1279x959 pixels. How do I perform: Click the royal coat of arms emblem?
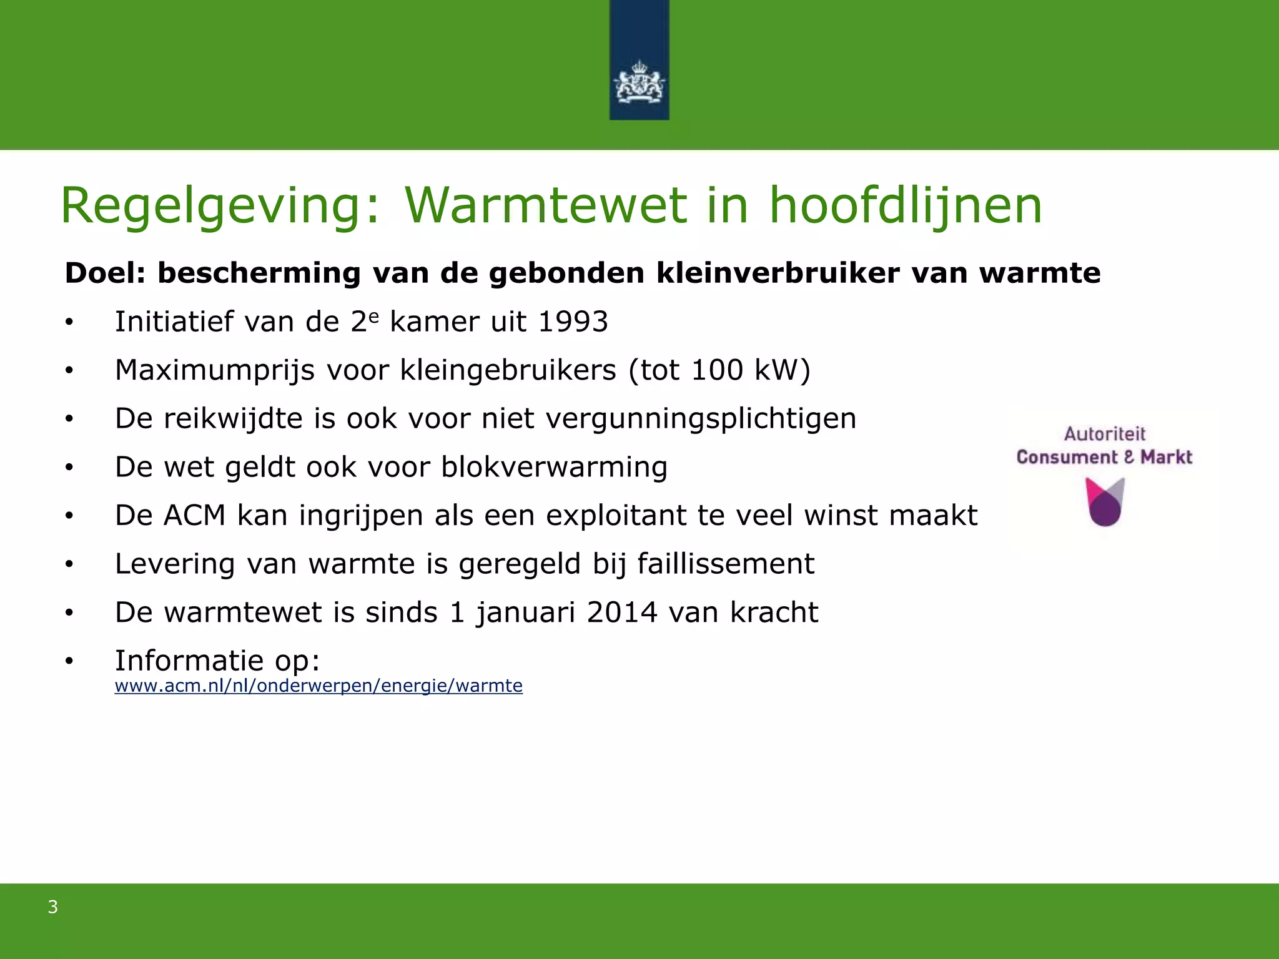pyautogui.click(x=639, y=82)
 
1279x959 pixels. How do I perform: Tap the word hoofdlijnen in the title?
pyautogui.click(x=906, y=206)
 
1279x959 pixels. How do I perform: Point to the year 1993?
pyautogui.click(x=573, y=322)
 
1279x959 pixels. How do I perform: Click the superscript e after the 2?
pyautogui.click(x=373, y=315)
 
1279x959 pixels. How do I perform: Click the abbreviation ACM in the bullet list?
pyautogui.click(x=194, y=516)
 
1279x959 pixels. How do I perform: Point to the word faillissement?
pyautogui.click(x=726, y=564)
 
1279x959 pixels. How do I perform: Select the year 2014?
pyautogui.click(x=622, y=612)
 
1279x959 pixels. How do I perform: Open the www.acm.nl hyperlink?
pyautogui.click(x=319, y=686)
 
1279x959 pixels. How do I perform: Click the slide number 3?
pyautogui.click(x=53, y=907)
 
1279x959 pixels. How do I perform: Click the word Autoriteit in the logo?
pyautogui.click(x=1105, y=434)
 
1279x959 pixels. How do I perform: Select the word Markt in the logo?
pyautogui.click(x=1166, y=458)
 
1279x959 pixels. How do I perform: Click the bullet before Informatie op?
pyautogui.click(x=69, y=661)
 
